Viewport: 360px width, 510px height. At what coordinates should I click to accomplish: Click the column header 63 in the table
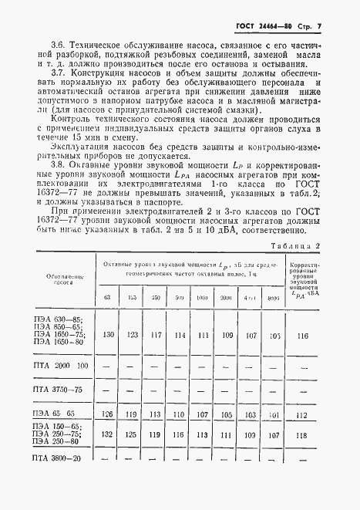pyautogui.click(x=108, y=319)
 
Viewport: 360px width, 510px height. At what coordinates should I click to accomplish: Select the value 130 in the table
pyautogui.click(x=108, y=356)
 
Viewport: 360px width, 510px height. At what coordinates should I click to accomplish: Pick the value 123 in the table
pyautogui.click(x=133, y=356)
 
